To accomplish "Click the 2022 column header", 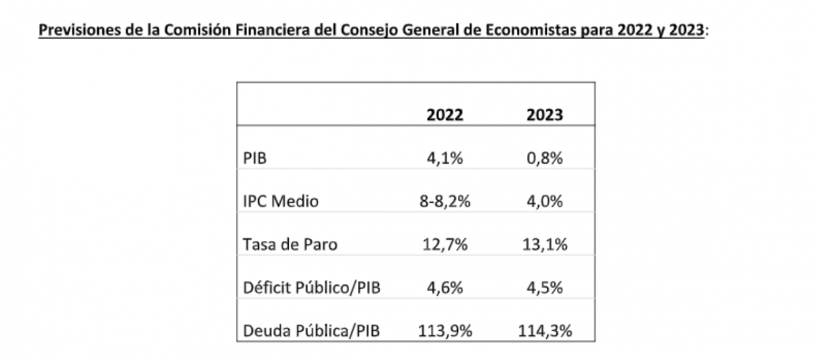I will pyautogui.click(x=445, y=116).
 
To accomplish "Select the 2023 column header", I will pyautogui.click(x=545, y=116).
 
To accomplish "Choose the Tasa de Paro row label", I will pyautogui.click(x=289, y=245).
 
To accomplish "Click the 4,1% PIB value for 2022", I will pyautogui.click(x=445, y=159).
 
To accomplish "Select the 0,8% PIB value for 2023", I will pyautogui.click(x=545, y=159).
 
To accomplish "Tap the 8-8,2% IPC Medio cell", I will pyautogui.click(x=445, y=201).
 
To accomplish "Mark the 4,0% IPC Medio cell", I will pyautogui.click(x=545, y=201).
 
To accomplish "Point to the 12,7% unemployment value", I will pyautogui.click(x=445, y=245).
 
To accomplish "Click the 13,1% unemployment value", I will pyautogui.click(x=545, y=245).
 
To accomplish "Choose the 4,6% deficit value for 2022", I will pyautogui.click(x=445, y=287).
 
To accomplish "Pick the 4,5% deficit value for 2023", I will pyautogui.click(x=545, y=287).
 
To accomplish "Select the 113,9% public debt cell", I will pyautogui.click(x=445, y=331).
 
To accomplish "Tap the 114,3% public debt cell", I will pyautogui.click(x=545, y=331).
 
